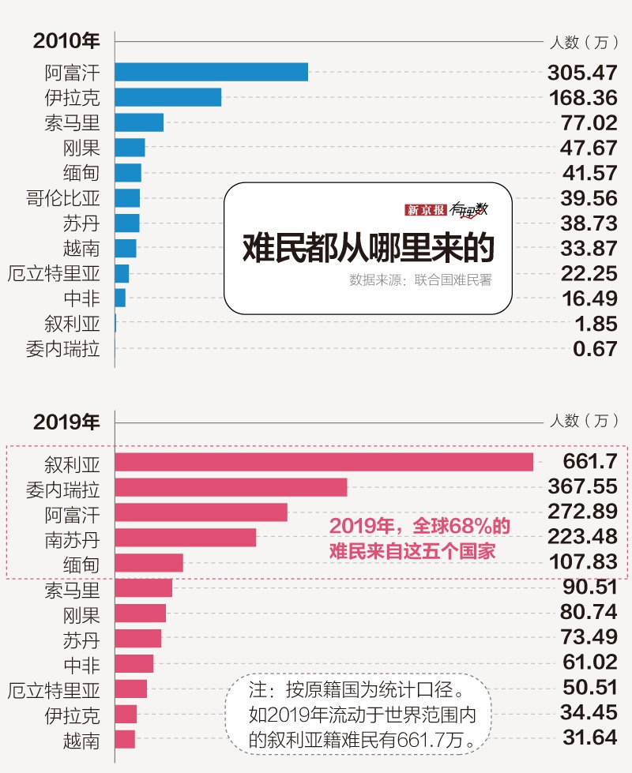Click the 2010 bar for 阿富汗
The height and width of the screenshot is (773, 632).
click(211, 72)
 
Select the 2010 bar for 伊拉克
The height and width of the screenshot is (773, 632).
click(167, 97)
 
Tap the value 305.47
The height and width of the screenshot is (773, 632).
click(582, 73)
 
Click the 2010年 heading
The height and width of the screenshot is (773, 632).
click(66, 41)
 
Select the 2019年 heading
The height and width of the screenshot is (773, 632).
click(66, 422)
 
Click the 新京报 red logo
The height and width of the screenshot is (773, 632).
click(426, 210)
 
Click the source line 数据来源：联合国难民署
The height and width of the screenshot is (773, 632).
click(420, 280)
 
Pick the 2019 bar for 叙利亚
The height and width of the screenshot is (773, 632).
click(324, 462)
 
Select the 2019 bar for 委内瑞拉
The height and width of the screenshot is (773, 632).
click(231, 487)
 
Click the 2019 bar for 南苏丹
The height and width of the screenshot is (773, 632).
click(185, 538)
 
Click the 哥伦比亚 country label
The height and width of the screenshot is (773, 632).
click(63, 198)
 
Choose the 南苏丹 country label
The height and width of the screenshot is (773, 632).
click(73, 538)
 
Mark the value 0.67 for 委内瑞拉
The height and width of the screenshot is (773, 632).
click(595, 349)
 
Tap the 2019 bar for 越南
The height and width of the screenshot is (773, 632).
click(125, 739)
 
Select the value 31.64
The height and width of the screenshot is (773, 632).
click(589, 738)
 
